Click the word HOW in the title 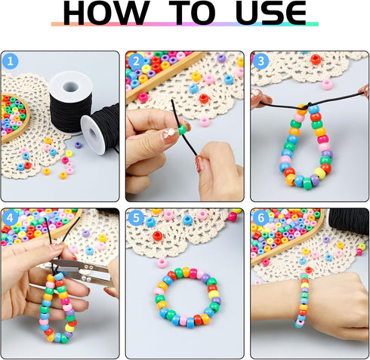pos(106,13)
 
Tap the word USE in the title pos(271,13)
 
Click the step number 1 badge pos(10,61)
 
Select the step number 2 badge pos(136,61)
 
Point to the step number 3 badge pos(261,61)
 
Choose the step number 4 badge pos(10,217)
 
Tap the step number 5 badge pos(136,217)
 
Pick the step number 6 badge pos(261,217)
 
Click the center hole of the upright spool pos(70,86)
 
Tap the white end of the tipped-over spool pos(93,134)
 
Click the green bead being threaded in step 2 pos(182,130)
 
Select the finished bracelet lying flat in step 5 pos(187,297)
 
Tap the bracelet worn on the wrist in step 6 pos(303,300)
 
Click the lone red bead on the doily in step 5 pos(158,236)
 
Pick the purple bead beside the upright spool pos(78,145)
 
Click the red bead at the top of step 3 pos(316,60)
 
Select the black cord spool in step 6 pos(349,221)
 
